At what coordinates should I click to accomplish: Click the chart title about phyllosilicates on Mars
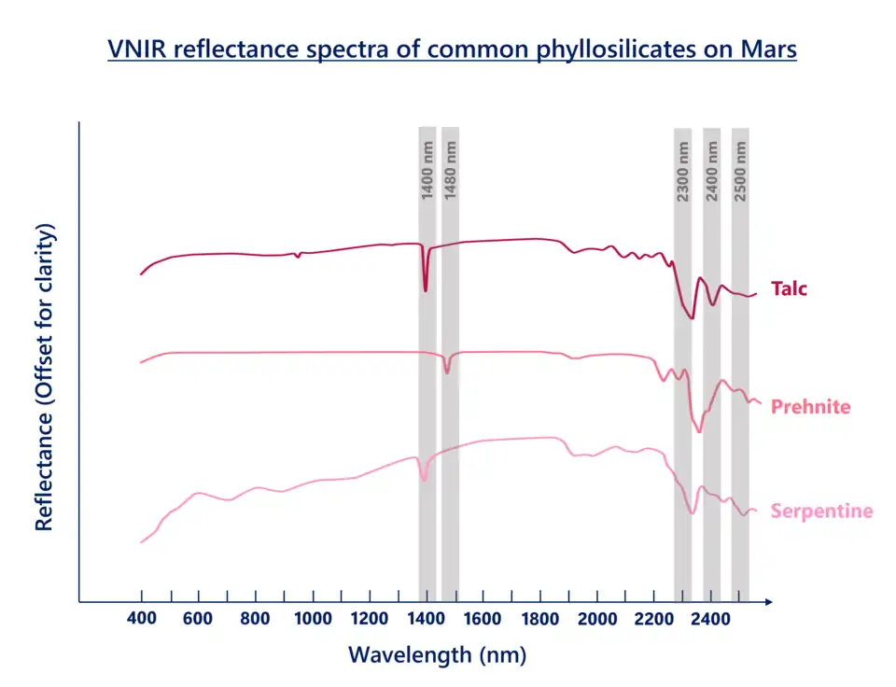click(x=452, y=49)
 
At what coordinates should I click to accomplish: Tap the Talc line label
click(x=789, y=288)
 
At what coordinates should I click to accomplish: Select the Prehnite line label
click(x=810, y=408)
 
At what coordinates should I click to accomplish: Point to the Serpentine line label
click(x=821, y=511)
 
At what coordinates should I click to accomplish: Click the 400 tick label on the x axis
click(x=141, y=618)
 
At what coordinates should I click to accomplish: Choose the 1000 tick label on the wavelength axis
click(x=312, y=618)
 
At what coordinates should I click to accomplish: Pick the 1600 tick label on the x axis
click(x=483, y=618)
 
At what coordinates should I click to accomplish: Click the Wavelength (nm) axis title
click(x=437, y=655)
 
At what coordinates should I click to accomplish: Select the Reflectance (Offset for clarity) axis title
click(x=44, y=377)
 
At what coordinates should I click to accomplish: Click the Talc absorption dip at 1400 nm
click(x=426, y=289)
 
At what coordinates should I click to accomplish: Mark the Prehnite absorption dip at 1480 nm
click(x=447, y=372)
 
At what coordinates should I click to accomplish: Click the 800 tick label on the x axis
click(x=255, y=618)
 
